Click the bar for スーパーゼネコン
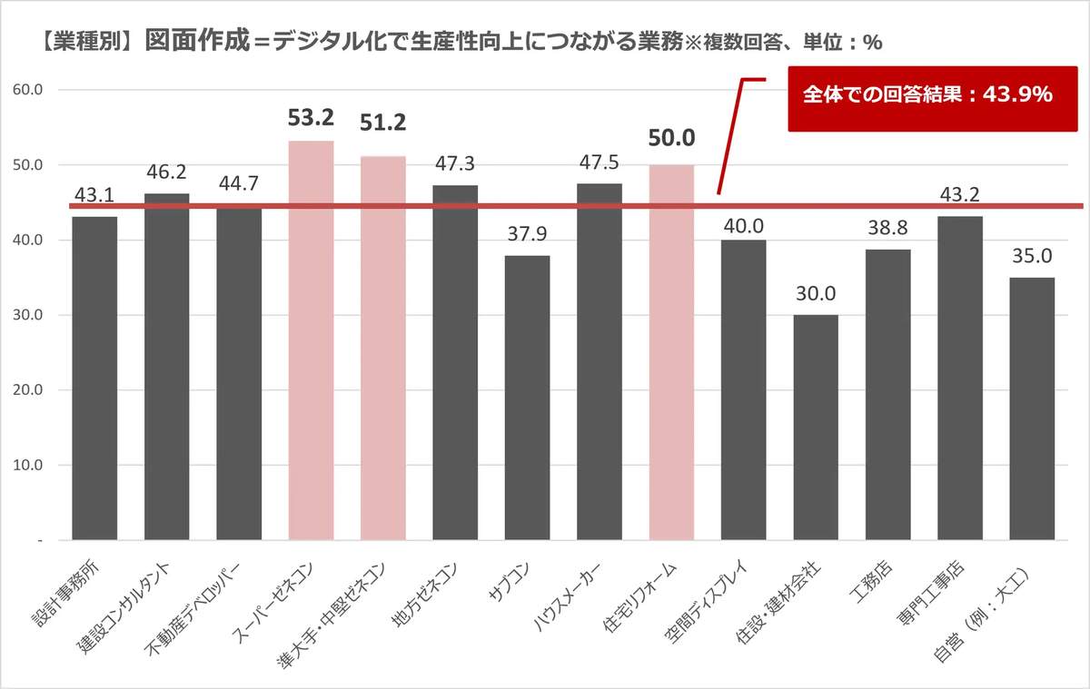tap(311, 340)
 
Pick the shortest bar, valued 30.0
tap(816, 427)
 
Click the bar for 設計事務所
tap(94, 378)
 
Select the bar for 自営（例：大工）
tap(1032, 408)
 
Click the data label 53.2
tap(311, 118)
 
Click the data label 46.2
tap(167, 172)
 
